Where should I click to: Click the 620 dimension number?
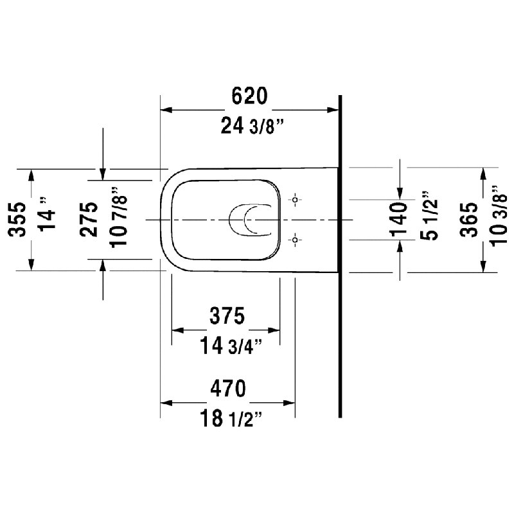[x=249, y=96]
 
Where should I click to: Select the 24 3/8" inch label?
[x=252, y=126]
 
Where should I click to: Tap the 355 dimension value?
[x=17, y=220]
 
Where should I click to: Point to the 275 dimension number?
[x=89, y=220]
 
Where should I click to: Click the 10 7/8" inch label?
[x=118, y=218]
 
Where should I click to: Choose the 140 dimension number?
[x=398, y=220]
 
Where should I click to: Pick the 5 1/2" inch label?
[x=429, y=216]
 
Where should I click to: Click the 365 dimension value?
[x=469, y=220]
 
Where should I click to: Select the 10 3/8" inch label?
[x=499, y=216]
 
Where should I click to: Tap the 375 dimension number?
[x=227, y=315]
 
